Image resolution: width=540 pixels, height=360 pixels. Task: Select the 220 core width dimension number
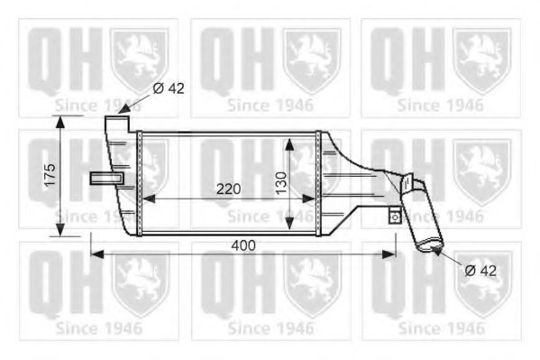(x=227, y=189)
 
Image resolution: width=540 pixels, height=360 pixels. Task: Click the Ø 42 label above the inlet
(x=169, y=88)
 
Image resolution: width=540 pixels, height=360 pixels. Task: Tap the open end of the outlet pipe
(x=427, y=245)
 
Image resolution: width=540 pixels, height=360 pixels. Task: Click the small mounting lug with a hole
(x=394, y=216)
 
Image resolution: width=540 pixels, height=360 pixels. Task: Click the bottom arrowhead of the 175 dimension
(x=62, y=231)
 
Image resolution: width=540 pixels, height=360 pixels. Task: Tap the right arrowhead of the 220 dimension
(x=312, y=198)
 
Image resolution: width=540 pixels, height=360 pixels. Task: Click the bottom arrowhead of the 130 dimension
(x=289, y=227)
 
